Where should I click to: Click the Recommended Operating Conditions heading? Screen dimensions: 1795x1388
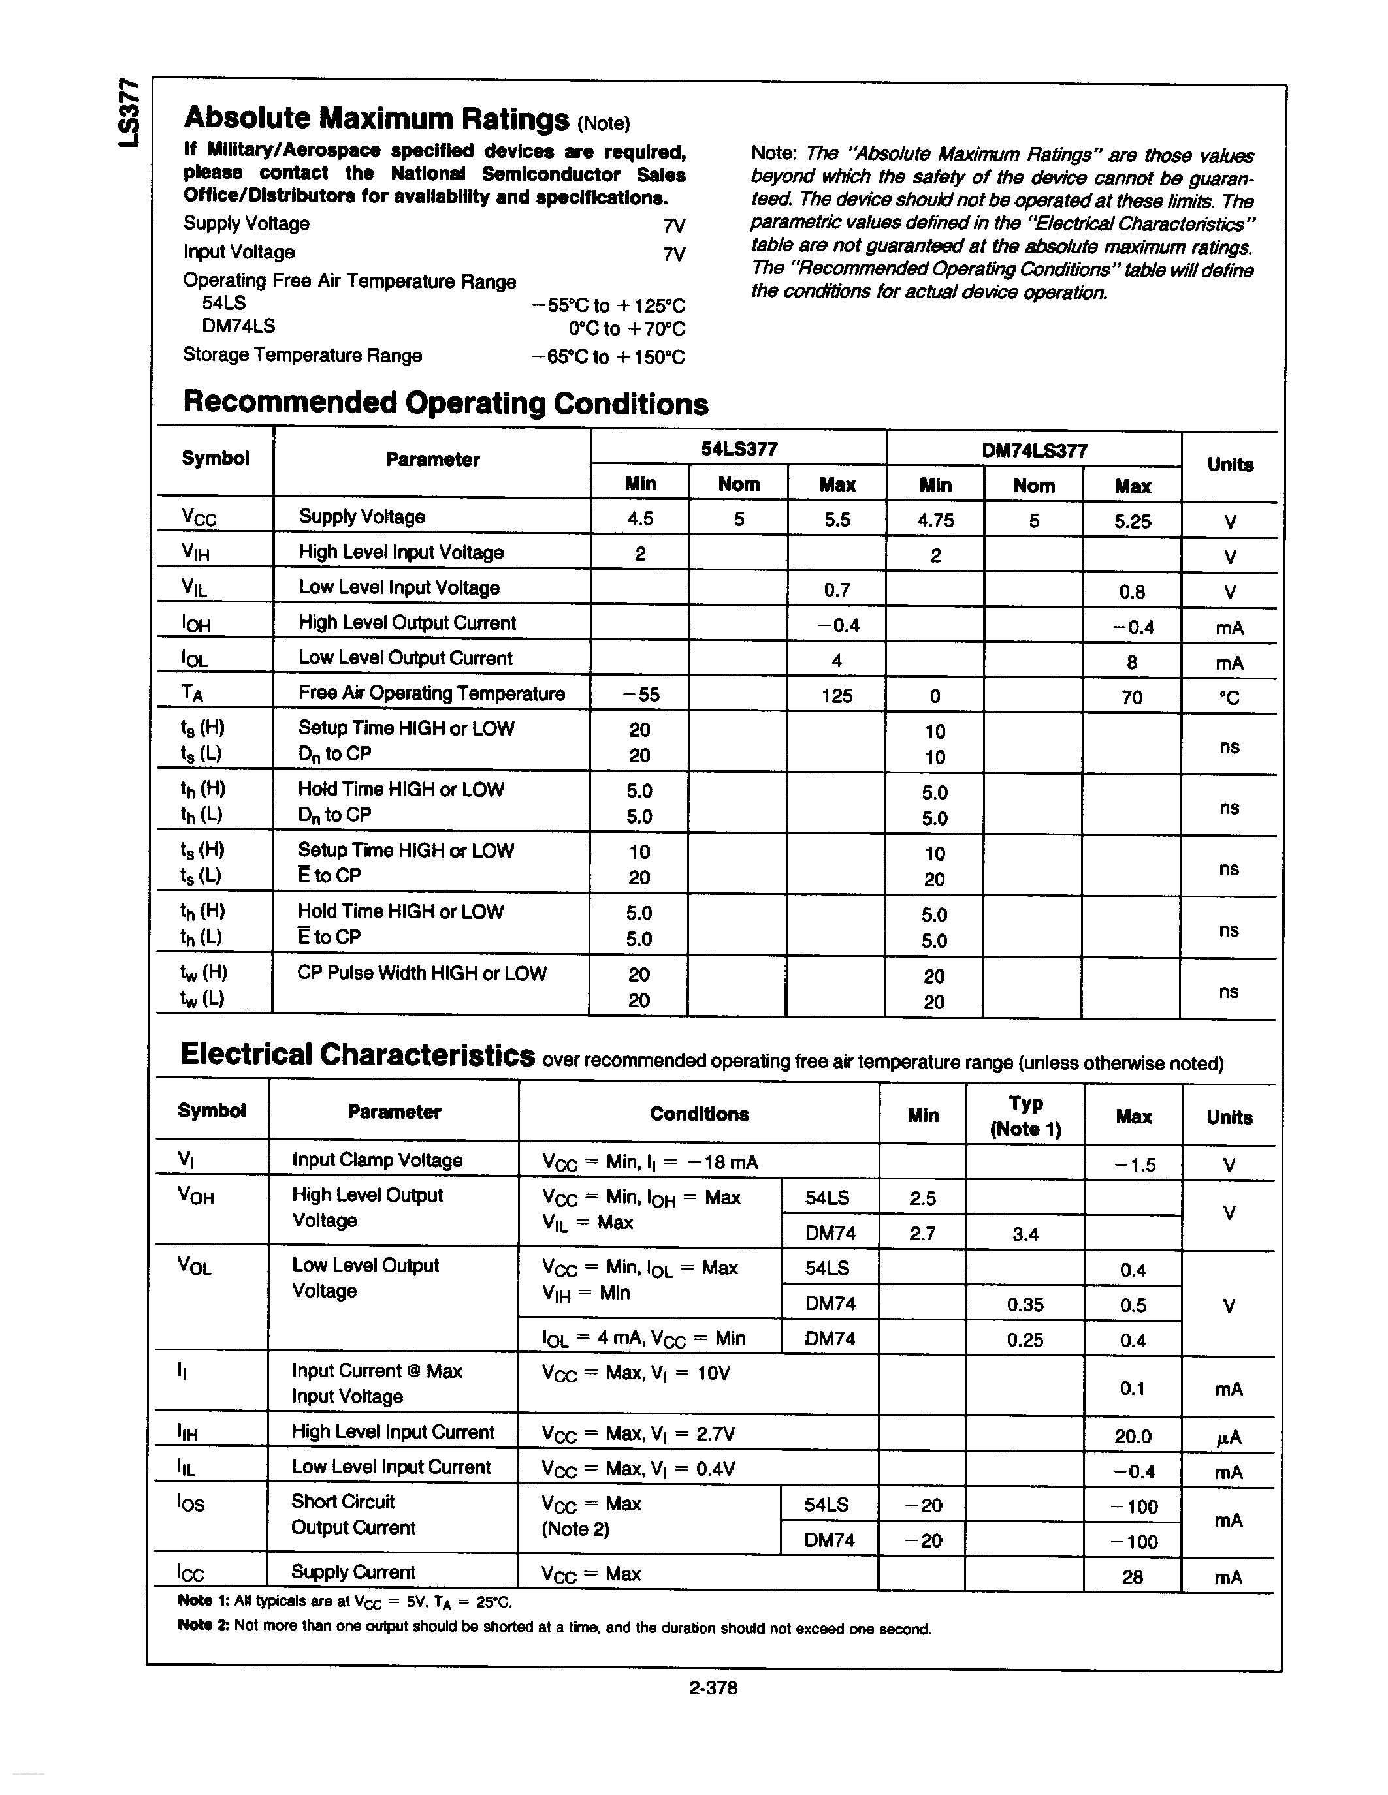pyautogui.click(x=445, y=403)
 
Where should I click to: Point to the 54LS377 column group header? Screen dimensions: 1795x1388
pyautogui.click(x=738, y=449)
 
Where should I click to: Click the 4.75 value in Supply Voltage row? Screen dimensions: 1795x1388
pyautogui.click(x=935, y=520)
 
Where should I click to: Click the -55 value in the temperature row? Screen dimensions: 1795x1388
pyautogui.click(x=639, y=695)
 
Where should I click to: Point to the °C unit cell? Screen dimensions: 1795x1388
pyautogui.click(x=1229, y=698)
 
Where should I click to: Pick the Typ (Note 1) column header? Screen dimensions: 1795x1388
pyautogui.click(x=1025, y=1116)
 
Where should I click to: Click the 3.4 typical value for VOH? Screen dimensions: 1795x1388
pyautogui.click(x=1025, y=1234)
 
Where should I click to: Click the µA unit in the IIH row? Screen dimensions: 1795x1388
pyautogui.click(x=1229, y=1437)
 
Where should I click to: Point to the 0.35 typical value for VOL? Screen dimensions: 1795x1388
pyautogui.click(x=1025, y=1304)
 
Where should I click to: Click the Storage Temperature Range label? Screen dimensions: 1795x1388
pyautogui.click(x=302, y=355)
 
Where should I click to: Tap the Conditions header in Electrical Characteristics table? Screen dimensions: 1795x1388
pyautogui.click(x=699, y=1114)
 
